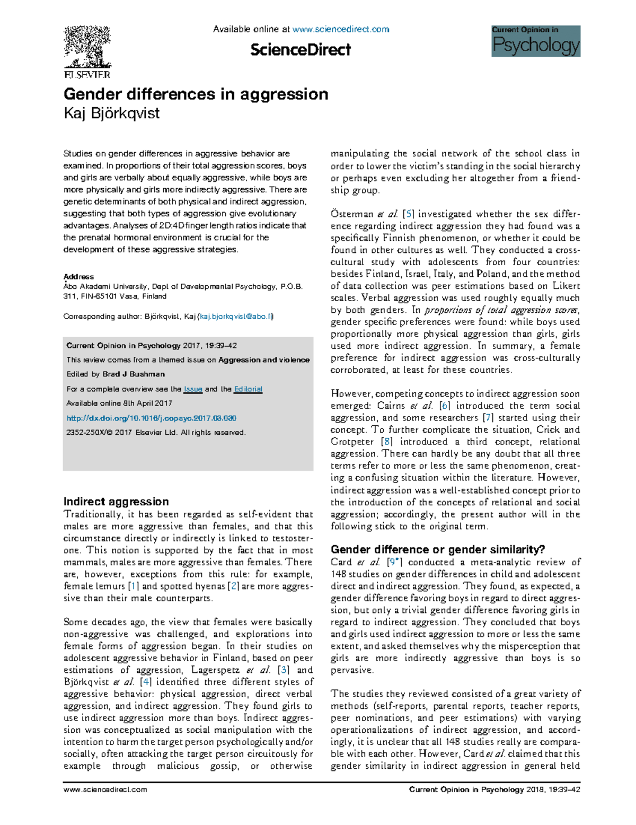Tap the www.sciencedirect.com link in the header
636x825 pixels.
click(340, 29)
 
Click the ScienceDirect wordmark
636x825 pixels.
click(300, 50)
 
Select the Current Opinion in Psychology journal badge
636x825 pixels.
click(535, 41)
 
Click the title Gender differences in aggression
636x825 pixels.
click(196, 94)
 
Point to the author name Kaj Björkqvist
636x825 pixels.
click(111, 113)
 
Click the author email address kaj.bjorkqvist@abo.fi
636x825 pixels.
click(235, 317)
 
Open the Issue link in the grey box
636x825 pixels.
click(193, 389)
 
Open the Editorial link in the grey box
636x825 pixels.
click(248, 389)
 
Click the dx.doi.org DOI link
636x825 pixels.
click(151, 418)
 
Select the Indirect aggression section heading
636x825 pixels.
click(116, 502)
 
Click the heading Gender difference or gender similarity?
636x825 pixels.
click(437, 549)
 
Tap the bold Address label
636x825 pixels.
click(78, 277)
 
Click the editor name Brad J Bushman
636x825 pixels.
click(134, 374)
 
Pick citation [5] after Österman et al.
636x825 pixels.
click(408, 214)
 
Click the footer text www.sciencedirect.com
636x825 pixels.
click(105, 789)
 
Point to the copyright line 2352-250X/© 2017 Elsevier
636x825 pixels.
click(156, 433)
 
